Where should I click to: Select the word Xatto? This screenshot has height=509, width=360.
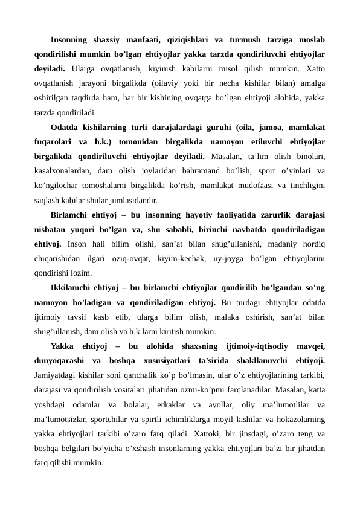click(x=313, y=70)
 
